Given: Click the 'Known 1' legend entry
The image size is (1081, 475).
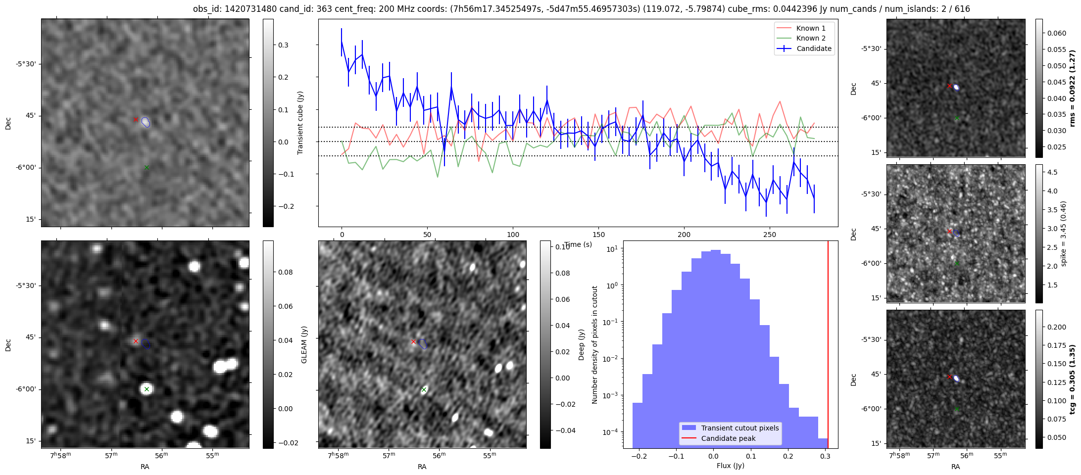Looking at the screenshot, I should coord(810,28).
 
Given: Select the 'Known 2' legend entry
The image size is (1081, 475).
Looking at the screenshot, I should coord(810,38).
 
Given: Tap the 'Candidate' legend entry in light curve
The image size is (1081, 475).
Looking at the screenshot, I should coord(814,48).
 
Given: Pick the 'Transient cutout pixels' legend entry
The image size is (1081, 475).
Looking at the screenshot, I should coord(739,428).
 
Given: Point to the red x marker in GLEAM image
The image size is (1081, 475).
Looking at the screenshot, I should coord(136,341).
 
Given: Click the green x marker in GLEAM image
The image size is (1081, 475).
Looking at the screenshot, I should coord(147,389).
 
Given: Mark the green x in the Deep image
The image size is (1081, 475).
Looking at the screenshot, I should coord(424,389).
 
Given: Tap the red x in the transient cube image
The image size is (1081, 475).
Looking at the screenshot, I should coord(136,119).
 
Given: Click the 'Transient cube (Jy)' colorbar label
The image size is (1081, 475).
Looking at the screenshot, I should coord(300,123).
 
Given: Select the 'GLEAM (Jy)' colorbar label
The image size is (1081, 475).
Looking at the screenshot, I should coord(304,344).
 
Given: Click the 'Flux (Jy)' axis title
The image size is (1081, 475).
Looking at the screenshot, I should coord(730,466).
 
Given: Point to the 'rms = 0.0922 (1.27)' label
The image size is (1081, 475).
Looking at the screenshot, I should coord(1072,88).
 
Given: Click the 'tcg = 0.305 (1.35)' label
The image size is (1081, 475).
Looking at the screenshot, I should coord(1072,379).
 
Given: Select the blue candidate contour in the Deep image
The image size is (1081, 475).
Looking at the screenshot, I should coord(423,343).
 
